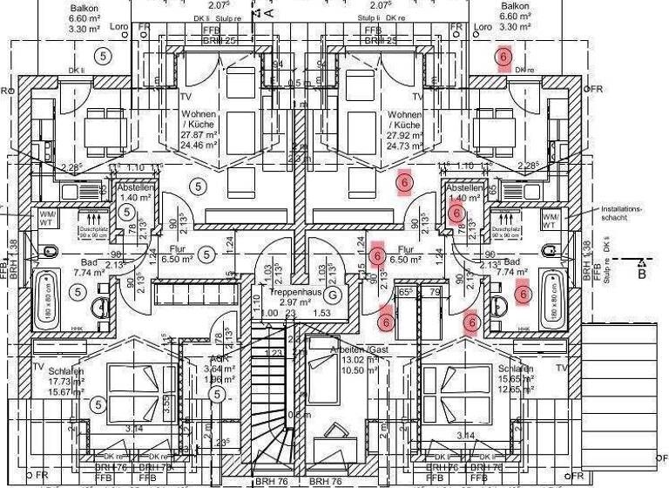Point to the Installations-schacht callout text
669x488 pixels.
click(x=620, y=213)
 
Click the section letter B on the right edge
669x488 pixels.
click(x=642, y=273)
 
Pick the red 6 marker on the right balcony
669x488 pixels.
click(x=503, y=58)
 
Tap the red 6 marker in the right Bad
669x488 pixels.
click(x=523, y=295)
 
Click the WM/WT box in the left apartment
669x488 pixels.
click(x=45, y=219)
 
